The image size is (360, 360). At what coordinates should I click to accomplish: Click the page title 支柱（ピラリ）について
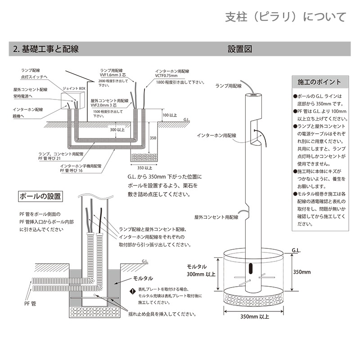coord(286,17)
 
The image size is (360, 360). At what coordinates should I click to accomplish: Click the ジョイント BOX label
coord(74,89)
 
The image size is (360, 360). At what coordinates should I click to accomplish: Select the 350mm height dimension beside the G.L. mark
coord(301,272)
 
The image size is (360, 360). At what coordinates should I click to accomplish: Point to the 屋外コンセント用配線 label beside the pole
coord(216,217)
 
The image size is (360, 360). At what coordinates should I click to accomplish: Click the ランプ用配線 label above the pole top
coord(229,85)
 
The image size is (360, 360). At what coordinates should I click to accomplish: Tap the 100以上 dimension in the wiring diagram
coord(169,116)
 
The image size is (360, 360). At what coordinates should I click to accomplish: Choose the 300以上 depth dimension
coord(118,130)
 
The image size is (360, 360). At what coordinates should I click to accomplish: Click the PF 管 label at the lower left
coord(31,304)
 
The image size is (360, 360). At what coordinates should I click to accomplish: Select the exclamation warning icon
coord(133,291)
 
